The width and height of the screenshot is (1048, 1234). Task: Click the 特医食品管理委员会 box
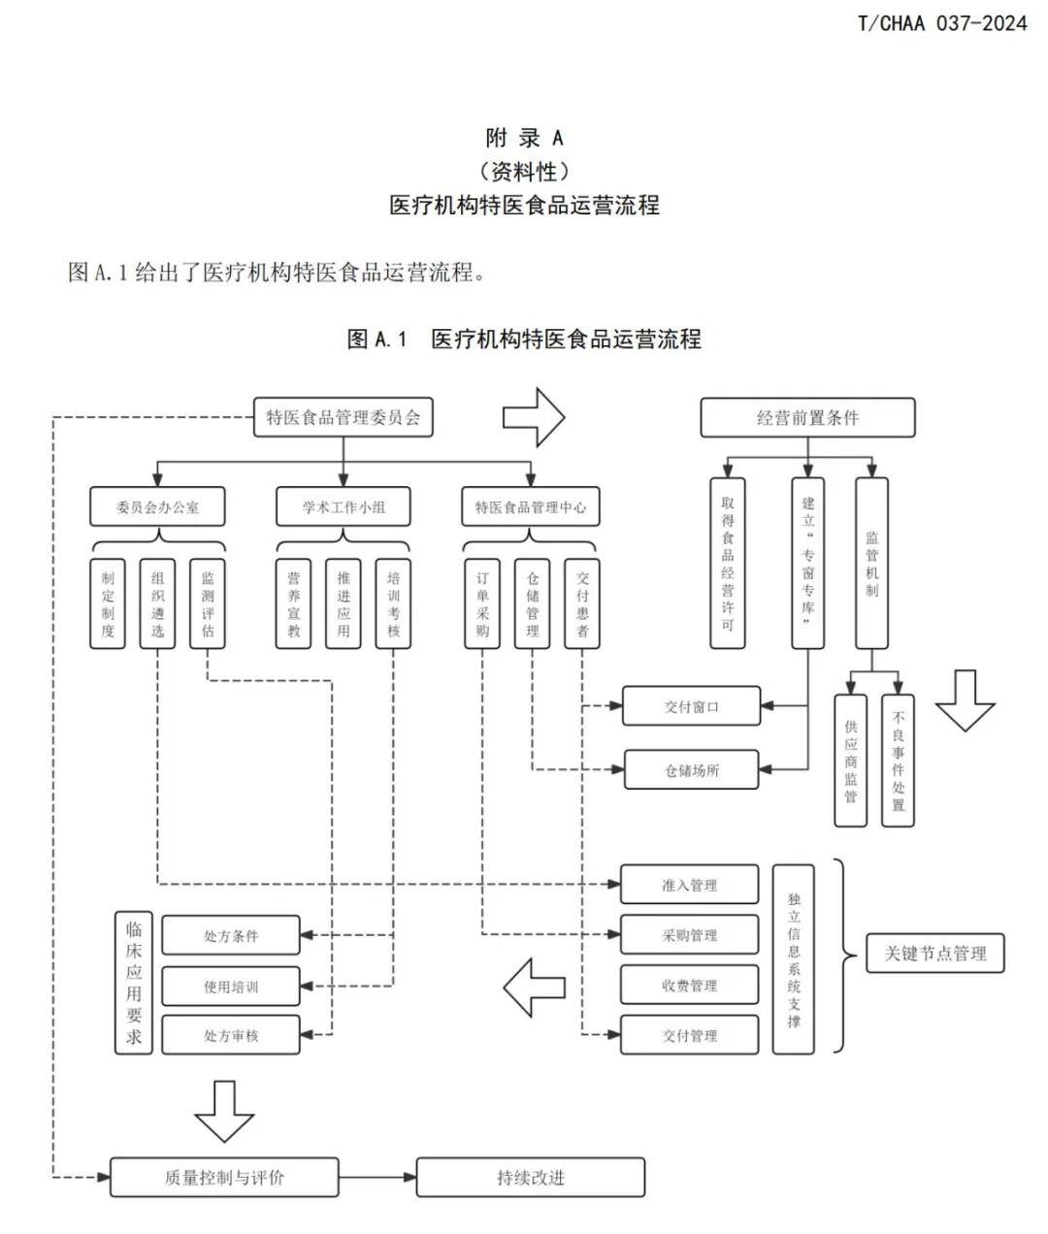pyautogui.click(x=343, y=417)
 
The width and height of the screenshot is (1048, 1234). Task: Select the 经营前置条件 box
pyautogui.click(x=807, y=417)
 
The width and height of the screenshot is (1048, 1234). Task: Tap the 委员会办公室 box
pyautogui.click(x=157, y=506)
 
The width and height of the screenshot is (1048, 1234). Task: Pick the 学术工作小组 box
pyautogui.click(x=343, y=506)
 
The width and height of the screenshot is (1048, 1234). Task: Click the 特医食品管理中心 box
pyautogui.click(x=530, y=506)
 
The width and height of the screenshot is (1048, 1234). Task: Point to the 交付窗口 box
pyautogui.click(x=691, y=706)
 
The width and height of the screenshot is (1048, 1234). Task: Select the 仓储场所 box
pyautogui.click(x=691, y=770)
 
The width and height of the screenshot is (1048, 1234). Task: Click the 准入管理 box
pyautogui.click(x=689, y=885)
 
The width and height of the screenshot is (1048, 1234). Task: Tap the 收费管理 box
pyautogui.click(x=689, y=986)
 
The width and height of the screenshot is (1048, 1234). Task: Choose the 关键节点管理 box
pyautogui.click(x=934, y=953)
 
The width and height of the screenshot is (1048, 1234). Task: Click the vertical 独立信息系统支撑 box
pyautogui.click(x=794, y=959)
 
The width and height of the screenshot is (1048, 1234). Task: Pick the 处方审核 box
pyautogui.click(x=231, y=1035)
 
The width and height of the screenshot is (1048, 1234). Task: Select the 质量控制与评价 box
pyautogui.click(x=224, y=1178)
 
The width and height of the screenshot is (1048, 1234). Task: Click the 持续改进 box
pyautogui.click(x=531, y=1178)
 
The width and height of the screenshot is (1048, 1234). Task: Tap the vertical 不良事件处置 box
pyautogui.click(x=898, y=760)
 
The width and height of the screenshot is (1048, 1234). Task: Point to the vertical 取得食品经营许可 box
pyautogui.click(x=728, y=563)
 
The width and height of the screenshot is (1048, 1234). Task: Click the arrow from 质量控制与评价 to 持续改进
pyautogui.click(x=377, y=1178)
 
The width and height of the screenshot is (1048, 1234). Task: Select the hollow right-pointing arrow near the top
pyautogui.click(x=533, y=417)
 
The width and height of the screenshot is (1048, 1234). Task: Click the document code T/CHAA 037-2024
pyautogui.click(x=941, y=23)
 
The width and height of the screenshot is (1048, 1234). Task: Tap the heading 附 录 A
pyautogui.click(x=524, y=138)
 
